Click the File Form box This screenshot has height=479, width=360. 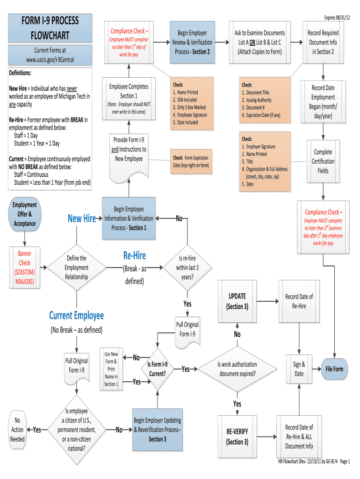pyautogui.click(x=334, y=369)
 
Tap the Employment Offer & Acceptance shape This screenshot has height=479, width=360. pyautogui.click(x=24, y=214)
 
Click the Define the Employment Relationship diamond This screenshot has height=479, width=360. pyautogui.click(x=77, y=268)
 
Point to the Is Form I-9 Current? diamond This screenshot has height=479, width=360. pyautogui.click(x=158, y=369)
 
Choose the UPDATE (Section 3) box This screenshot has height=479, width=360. pyautogui.click(x=237, y=302)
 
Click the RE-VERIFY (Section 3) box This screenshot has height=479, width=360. pyautogui.click(x=237, y=437)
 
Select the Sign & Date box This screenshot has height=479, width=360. pyautogui.click(x=299, y=369)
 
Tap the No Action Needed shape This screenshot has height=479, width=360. pyautogui.click(x=17, y=430)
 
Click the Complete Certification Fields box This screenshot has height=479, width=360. pyautogui.click(x=323, y=161)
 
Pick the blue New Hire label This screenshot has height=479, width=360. pyautogui.click(x=82, y=218)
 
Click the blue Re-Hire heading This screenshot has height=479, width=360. pyautogui.click(x=135, y=255)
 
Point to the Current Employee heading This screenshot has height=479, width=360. pyautogui.click(x=76, y=316)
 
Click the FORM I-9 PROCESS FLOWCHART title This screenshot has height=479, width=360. pyautogui.click(x=50, y=28)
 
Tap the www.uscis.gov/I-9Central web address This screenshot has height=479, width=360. pyautogui.click(x=50, y=60)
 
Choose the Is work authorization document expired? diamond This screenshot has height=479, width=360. pyautogui.click(x=237, y=369)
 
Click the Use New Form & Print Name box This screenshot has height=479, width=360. pyautogui.click(x=111, y=369)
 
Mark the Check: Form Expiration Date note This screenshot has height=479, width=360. pyautogui.click(x=191, y=161)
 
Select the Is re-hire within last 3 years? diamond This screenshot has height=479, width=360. pyautogui.click(x=187, y=268)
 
